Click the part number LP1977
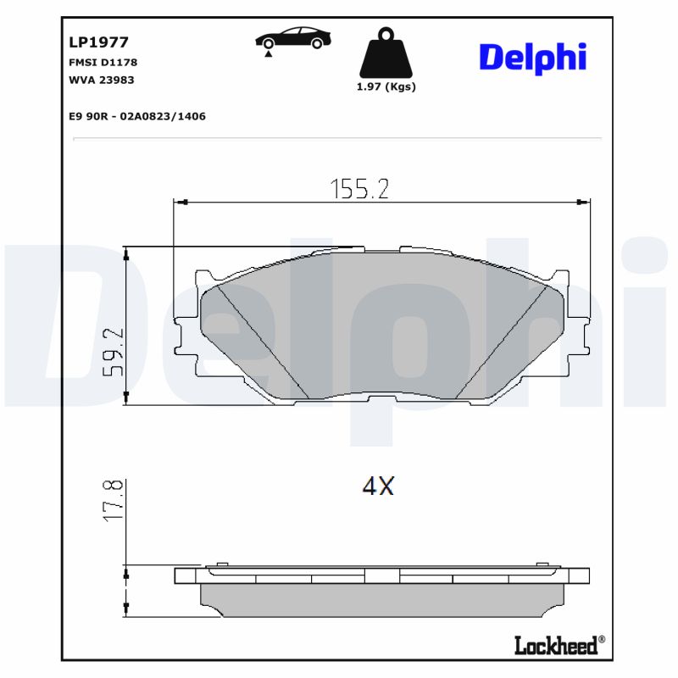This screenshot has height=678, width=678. (x=97, y=40)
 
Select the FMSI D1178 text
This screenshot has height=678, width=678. (x=103, y=62)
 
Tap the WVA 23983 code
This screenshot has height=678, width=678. (x=101, y=80)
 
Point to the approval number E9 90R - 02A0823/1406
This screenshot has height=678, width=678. (x=137, y=116)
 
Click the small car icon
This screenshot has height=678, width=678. (x=293, y=40)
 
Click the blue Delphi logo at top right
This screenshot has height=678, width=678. (x=532, y=57)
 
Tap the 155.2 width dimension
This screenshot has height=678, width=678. (x=359, y=189)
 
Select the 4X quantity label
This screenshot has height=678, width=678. (x=378, y=486)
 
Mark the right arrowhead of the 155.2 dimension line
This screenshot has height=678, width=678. (x=583, y=202)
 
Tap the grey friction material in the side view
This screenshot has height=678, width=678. (x=381, y=600)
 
